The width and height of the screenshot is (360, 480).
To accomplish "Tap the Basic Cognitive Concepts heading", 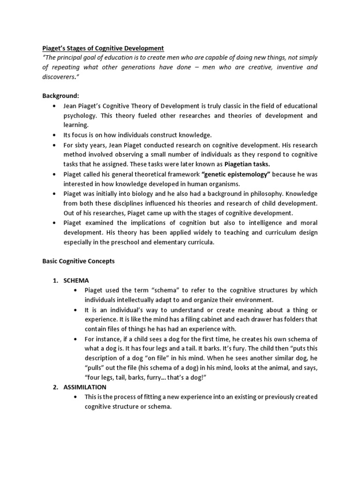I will pyautogui.click(x=79, y=261).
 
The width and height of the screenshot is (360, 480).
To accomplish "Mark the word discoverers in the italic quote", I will pyautogui.click(x=60, y=77).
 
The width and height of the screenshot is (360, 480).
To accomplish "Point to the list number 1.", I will pyautogui.click(x=55, y=280).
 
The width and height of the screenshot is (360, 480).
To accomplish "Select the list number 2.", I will pyautogui.click(x=55, y=387).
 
